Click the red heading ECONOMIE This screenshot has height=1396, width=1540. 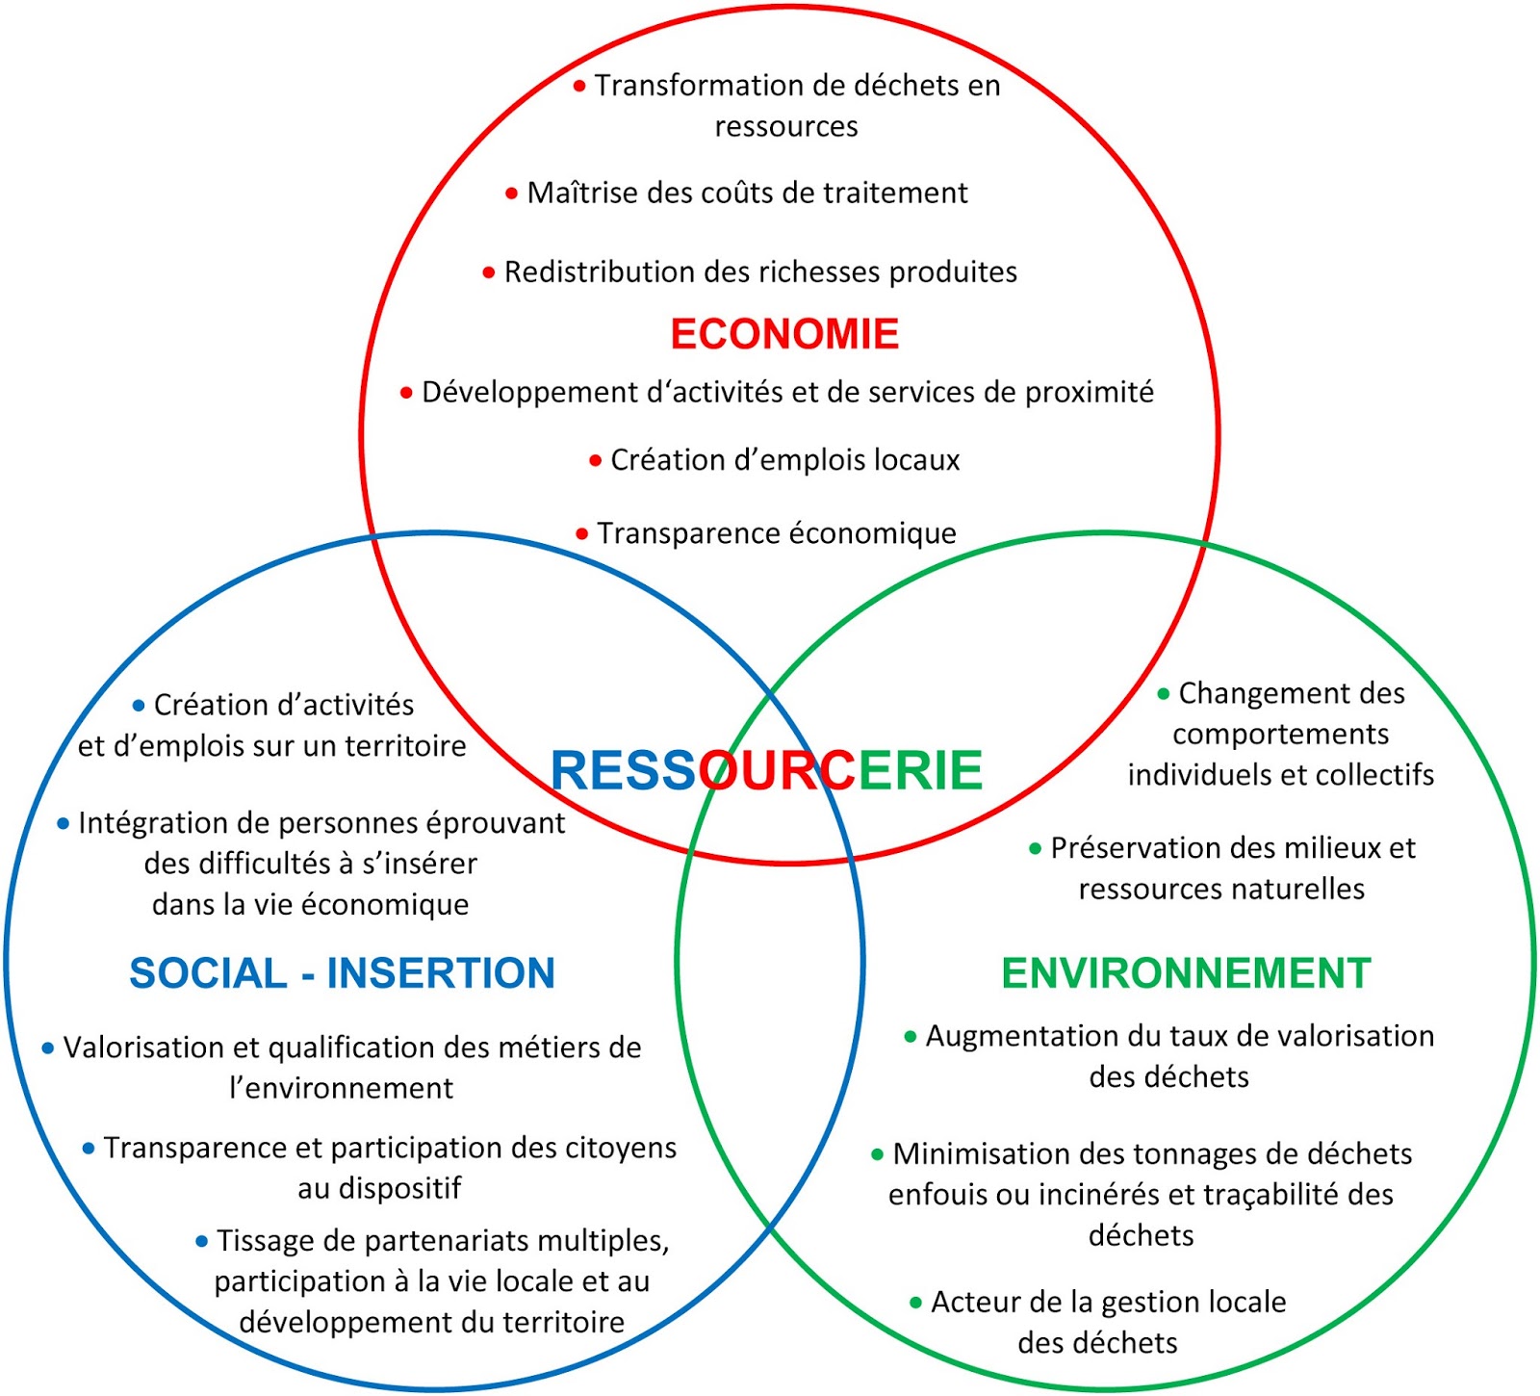click(x=784, y=334)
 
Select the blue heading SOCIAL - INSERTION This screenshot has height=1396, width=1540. click(x=342, y=973)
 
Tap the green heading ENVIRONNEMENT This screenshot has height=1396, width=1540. click(x=1186, y=973)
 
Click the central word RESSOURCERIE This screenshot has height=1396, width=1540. click(x=766, y=770)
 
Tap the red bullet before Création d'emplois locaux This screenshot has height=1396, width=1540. click(x=596, y=461)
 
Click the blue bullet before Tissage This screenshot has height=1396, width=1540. click(x=201, y=1242)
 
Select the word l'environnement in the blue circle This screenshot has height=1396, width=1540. click(x=341, y=1089)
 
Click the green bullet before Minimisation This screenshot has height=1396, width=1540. click(x=878, y=1154)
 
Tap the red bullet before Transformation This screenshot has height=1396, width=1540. click(x=579, y=87)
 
